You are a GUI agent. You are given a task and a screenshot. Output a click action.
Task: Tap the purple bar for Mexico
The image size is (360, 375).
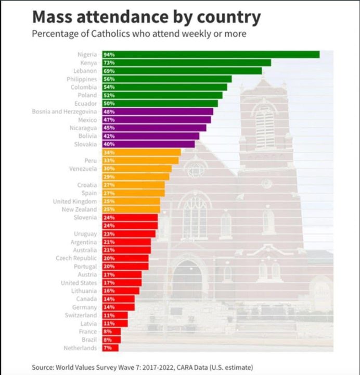pyautogui.click(x=156, y=119)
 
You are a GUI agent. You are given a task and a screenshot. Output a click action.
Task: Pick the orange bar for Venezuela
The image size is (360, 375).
pyautogui.click(x=136, y=169)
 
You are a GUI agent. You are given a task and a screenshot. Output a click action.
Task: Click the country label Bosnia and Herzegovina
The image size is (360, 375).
pyautogui.click(x=64, y=111)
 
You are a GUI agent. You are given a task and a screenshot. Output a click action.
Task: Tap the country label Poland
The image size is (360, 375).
pyautogui.click(x=87, y=95)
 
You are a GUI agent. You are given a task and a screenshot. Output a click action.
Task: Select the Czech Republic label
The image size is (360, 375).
pyautogui.click(x=76, y=258)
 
